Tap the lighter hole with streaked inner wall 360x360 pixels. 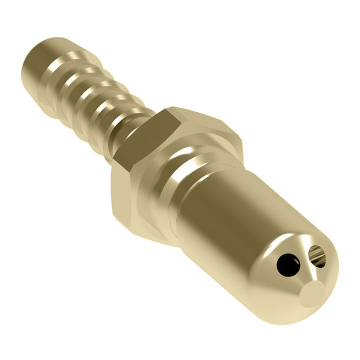coord(317,255)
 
